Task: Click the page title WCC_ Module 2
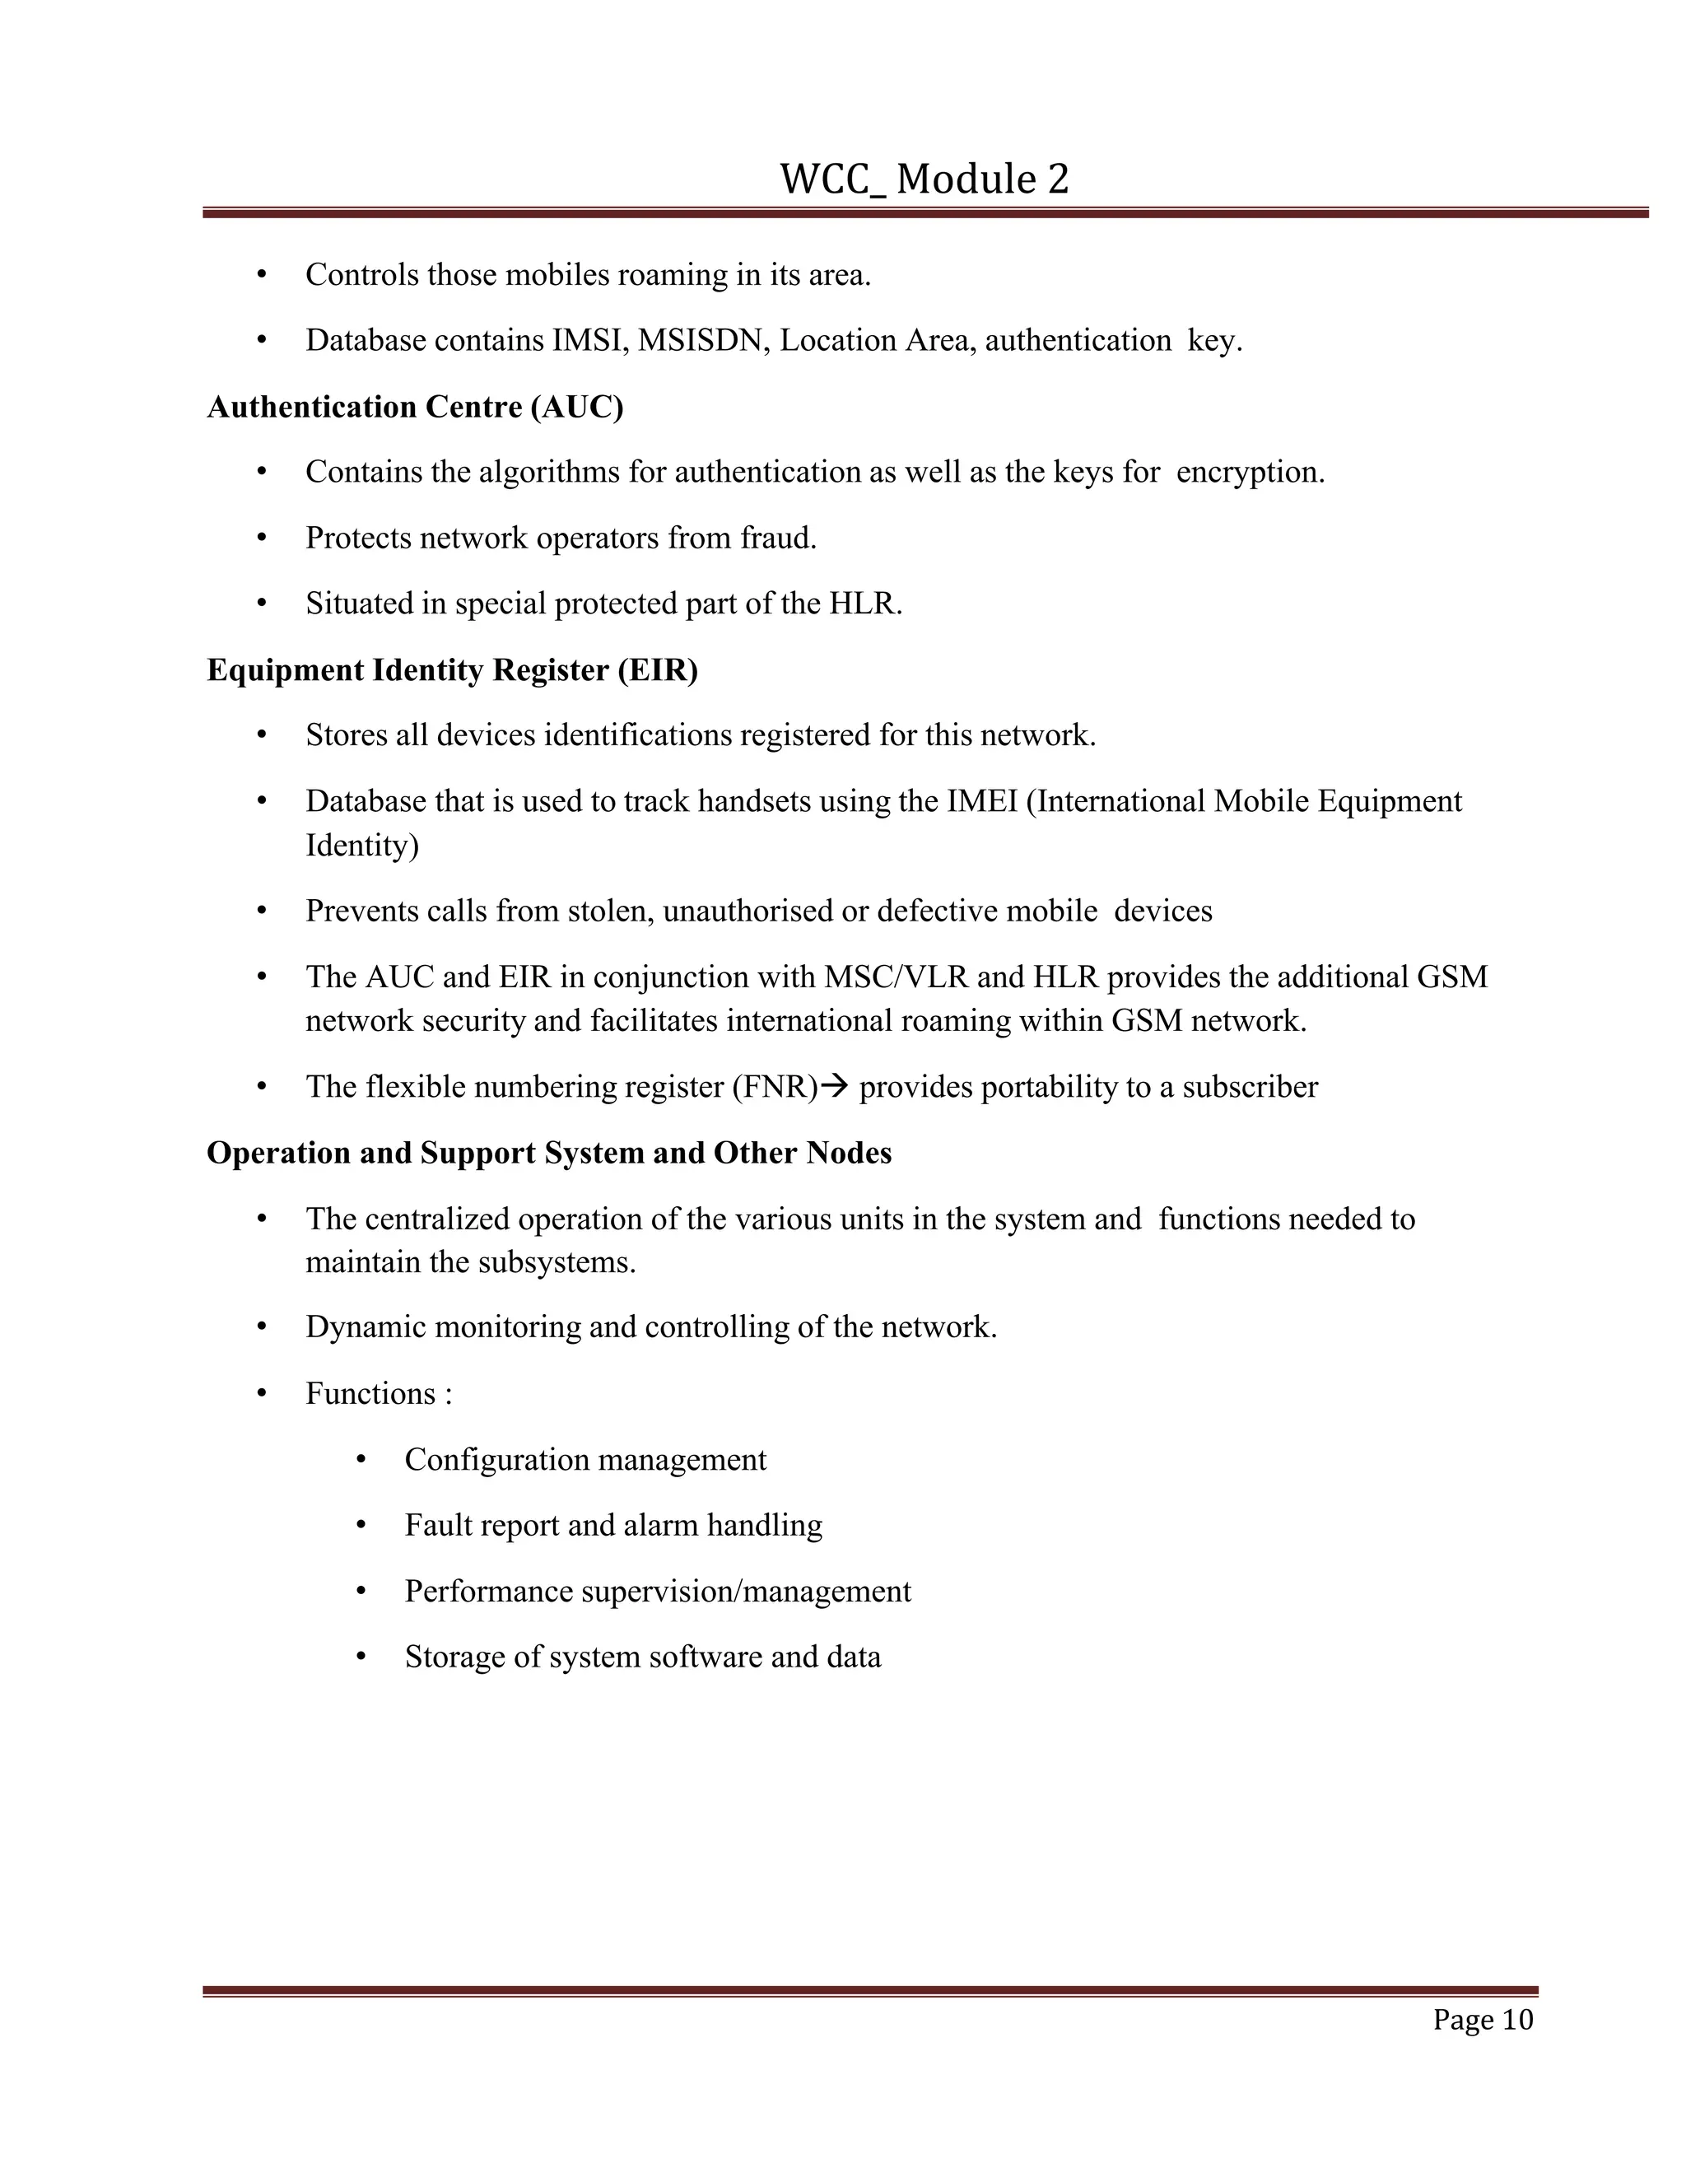pos(924,180)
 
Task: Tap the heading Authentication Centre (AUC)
pos(415,408)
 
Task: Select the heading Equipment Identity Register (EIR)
pos(451,670)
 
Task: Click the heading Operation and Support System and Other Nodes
pos(548,1153)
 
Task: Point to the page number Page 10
pos(1482,2020)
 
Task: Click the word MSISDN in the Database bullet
pos(703,341)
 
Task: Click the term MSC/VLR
pos(896,977)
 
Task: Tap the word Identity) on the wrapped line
pos(361,846)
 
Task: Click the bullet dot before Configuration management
pos(361,1460)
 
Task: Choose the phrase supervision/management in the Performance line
pos(746,1592)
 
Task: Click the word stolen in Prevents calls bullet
pos(608,911)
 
